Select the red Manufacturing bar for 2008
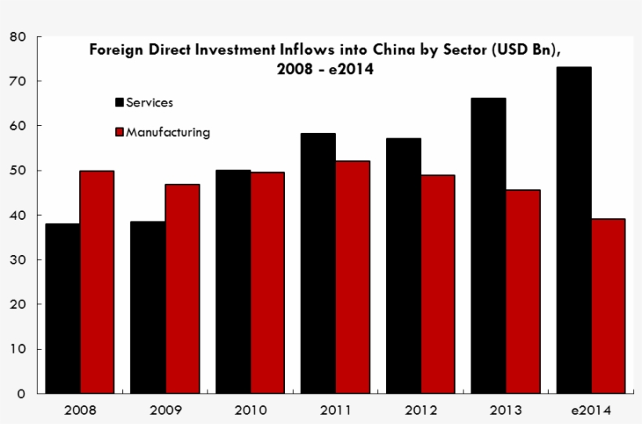tap(96, 282)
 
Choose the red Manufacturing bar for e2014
tap(608, 306)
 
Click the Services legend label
tap(150, 102)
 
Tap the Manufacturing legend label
tap(168, 132)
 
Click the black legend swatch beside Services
tap(120, 102)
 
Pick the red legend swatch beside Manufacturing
tap(120, 132)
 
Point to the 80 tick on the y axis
tap(18, 37)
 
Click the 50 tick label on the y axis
tap(18, 171)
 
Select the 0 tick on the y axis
tap(21, 393)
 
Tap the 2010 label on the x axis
tap(251, 410)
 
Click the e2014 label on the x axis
tap(590, 410)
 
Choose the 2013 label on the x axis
tap(505, 410)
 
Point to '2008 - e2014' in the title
tap(324, 69)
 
